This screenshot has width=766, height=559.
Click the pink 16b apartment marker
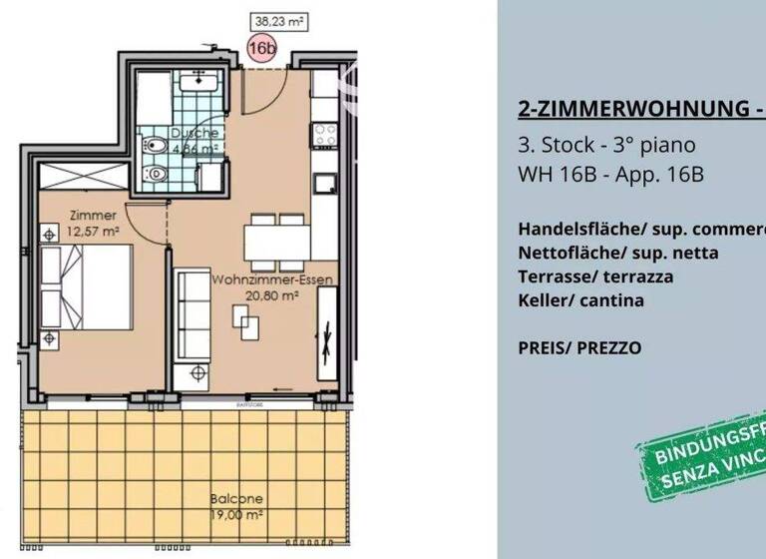[x=261, y=48]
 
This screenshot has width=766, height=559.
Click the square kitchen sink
[x=325, y=184]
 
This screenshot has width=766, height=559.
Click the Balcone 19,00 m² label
[x=236, y=505]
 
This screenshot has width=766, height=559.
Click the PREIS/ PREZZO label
[x=579, y=348]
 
